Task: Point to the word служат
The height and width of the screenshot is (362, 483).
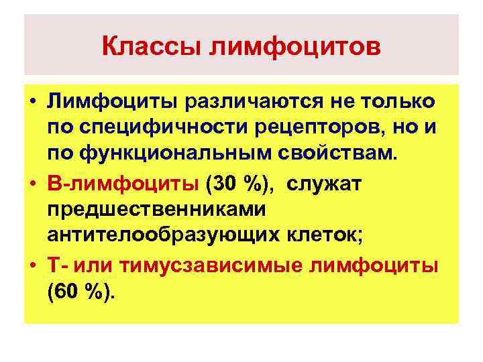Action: pyautogui.click(x=327, y=182)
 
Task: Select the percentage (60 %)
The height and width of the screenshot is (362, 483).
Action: pyautogui.click(x=81, y=292)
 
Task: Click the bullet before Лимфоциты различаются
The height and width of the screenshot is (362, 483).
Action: pyautogui.click(x=32, y=103)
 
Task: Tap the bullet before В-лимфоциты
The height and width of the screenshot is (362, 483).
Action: pyautogui.click(x=32, y=182)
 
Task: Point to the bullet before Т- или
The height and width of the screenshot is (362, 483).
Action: pyautogui.click(x=32, y=265)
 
